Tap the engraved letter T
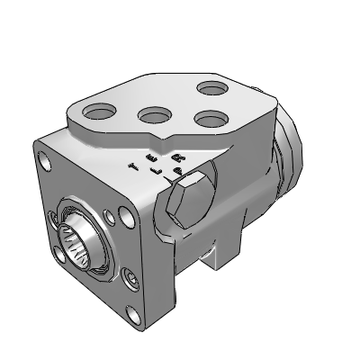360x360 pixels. point(133,166)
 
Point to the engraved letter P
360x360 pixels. point(177,169)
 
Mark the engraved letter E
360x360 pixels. point(148,157)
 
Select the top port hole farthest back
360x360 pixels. point(212,88)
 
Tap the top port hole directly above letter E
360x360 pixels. point(154,116)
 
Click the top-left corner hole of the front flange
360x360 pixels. point(43,163)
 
